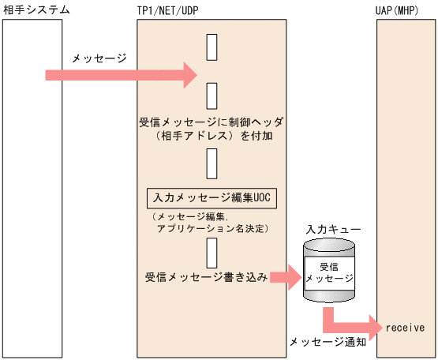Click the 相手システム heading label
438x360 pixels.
click(36, 9)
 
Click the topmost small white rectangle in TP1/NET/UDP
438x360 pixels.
click(212, 47)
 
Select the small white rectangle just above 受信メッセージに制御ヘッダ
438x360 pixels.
click(212, 96)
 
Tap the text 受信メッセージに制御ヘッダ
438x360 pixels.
click(211, 122)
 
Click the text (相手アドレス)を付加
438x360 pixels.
click(212, 136)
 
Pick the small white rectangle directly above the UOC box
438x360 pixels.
click(212, 163)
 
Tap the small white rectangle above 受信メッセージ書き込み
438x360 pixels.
click(212, 253)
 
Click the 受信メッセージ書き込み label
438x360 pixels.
click(206, 277)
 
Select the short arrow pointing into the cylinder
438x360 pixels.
click(286, 276)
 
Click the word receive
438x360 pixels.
click(405, 327)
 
